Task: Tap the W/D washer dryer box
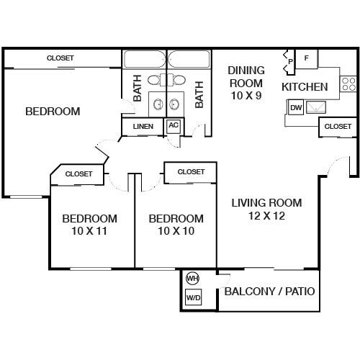(x=193, y=297)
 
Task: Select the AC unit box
(x=173, y=125)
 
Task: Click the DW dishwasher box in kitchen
(x=295, y=108)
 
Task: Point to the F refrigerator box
(x=307, y=58)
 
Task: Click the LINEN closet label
(x=143, y=127)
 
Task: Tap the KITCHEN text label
(x=305, y=86)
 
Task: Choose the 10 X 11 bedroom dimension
(x=89, y=231)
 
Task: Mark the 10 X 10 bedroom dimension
(x=175, y=231)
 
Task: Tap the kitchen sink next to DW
(x=315, y=107)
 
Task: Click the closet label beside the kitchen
(x=338, y=126)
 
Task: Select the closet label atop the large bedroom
(x=61, y=58)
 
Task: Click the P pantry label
(x=290, y=62)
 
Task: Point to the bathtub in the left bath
(x=145, y=59)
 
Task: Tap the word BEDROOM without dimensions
(x=53, y=112)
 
